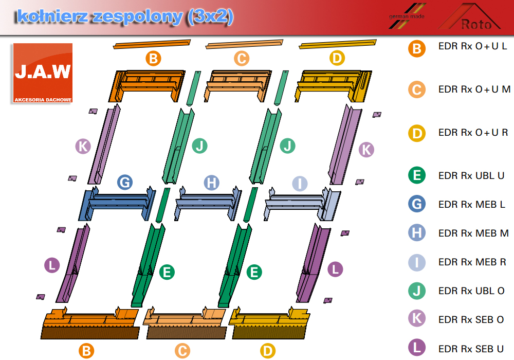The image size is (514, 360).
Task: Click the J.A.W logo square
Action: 43,73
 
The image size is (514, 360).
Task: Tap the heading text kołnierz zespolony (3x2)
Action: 125,17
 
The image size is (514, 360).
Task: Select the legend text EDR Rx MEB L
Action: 471,204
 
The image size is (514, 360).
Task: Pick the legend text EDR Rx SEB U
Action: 471,349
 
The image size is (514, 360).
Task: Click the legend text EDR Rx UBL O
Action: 471,291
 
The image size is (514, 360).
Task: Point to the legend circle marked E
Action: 417,175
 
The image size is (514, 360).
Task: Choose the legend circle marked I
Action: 417,262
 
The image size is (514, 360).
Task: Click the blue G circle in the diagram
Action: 125,182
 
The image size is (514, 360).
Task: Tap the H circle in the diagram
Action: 211,183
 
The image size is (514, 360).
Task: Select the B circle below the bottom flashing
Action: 86,351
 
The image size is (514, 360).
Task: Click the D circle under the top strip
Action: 337,58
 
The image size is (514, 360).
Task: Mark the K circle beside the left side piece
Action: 83,146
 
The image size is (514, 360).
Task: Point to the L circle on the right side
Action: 335,269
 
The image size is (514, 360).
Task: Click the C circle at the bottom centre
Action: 182,351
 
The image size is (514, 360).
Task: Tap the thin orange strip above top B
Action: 152,44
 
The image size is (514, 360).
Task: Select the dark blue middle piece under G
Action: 117,204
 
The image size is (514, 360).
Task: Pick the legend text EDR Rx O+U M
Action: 474,89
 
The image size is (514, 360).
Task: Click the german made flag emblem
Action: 407,16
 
